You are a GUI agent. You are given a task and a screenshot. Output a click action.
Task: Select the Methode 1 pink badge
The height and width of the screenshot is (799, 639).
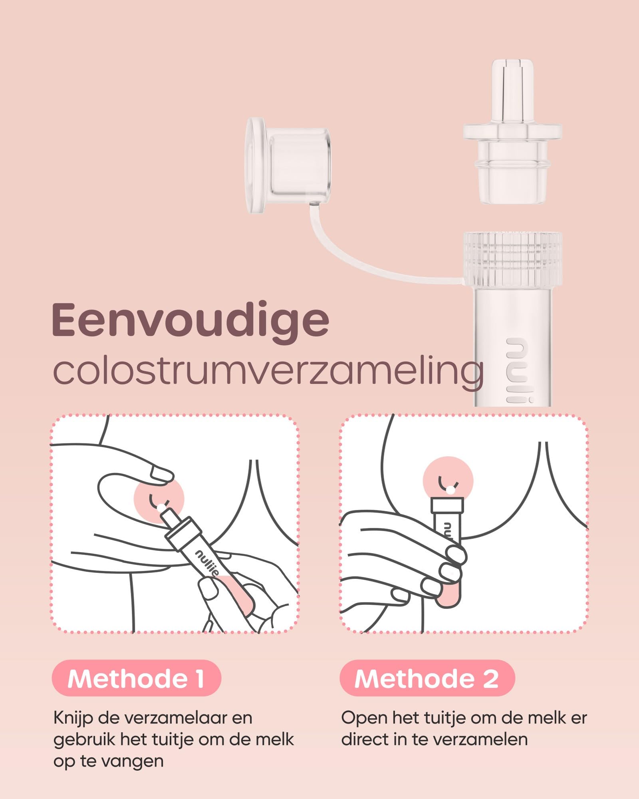pos(137,678)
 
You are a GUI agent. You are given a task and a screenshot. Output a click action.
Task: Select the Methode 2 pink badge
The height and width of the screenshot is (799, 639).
pos(427,678)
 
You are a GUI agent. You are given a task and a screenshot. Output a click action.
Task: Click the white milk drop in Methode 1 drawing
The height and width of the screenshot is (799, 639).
pos(161,508)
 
